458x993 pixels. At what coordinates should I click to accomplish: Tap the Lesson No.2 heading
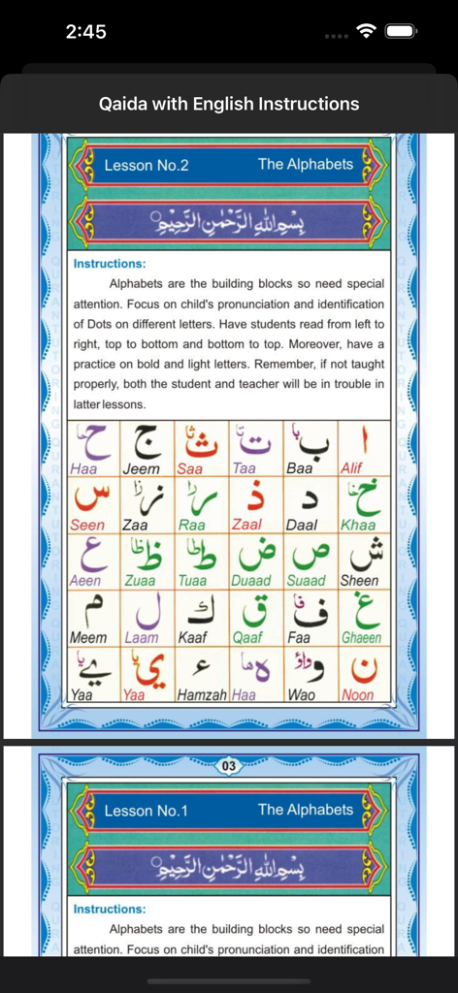(146, 165)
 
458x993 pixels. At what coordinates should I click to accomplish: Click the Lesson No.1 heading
(146, 811)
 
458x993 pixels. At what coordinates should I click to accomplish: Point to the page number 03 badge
(229, 766)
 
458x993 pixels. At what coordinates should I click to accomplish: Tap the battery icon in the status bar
(401, 31)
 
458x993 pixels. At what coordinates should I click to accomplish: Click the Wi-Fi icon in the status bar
(366, 31)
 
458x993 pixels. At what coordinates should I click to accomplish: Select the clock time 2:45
(85, 32)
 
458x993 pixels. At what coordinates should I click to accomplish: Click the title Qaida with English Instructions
(229, 104)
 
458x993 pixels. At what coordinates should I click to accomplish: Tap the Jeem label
(143, 468)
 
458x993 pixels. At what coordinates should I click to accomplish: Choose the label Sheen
(359, 581)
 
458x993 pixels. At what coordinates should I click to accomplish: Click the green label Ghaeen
(361, 638)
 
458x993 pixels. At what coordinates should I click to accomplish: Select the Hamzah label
(202, 695)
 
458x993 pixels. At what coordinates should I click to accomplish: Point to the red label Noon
(357, 695)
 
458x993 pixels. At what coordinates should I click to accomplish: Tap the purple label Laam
(142, 638)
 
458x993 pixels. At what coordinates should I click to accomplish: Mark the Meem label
(88, 638)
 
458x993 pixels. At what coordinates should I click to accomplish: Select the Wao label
(301, 695)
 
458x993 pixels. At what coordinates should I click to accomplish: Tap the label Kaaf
(193, 638)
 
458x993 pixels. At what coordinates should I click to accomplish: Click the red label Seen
(88, 525)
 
